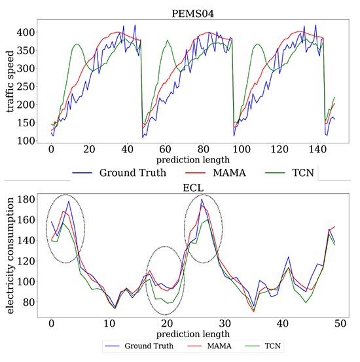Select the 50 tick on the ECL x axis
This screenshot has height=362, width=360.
[x=340, y=323]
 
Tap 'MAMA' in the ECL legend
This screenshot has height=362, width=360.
[x=213, y=343]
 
